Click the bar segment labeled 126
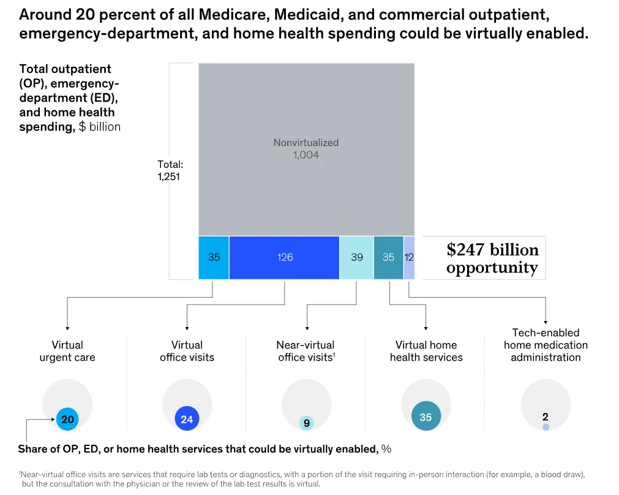point(285,257)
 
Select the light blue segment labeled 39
point(356,257)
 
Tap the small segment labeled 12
point(409,257)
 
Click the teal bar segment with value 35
point(388,257)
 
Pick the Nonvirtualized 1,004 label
point(306,149)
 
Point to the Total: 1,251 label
point(170,171)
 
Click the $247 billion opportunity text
point(492,259)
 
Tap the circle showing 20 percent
point(67,420)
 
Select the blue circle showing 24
point(187,420)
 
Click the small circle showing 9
point(307,423)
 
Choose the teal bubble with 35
point(426,417)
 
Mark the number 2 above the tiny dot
point(545,417)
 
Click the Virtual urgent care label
point(67,351)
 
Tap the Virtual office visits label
point(187,351)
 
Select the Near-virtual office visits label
point(306,351)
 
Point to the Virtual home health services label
point(426,351)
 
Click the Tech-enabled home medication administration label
point(546,345)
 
